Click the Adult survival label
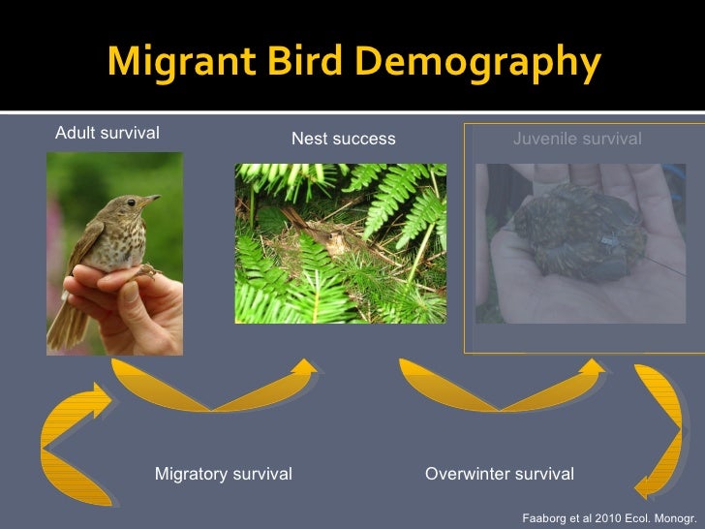[107, 133]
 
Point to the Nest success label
[343, 139]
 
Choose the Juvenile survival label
[576, 139]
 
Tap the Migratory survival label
[224, 474]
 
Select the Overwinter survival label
[500, 474]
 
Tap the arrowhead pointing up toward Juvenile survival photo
[593, 367]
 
